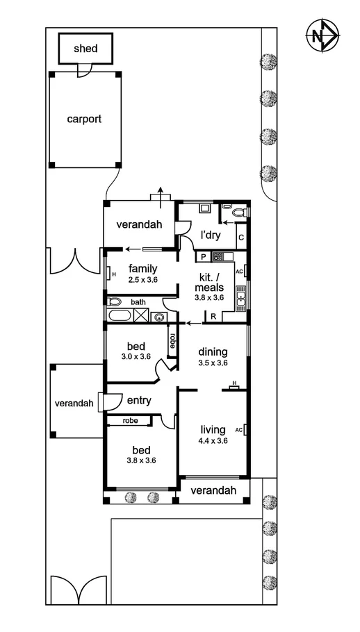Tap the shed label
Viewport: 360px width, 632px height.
coord(86,49)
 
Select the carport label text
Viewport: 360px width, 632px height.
coord(84,119)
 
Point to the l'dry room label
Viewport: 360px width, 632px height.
coord(211,236)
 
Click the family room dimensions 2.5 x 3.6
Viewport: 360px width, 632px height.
coord(144,280)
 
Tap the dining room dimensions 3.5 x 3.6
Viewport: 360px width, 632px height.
coord(213,363)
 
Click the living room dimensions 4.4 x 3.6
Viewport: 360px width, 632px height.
coord(213,440)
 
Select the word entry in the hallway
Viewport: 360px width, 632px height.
coord(139,401)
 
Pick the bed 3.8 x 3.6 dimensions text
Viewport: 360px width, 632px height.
coord(140,460)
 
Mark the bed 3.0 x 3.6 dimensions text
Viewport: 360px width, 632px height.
coord(136,357)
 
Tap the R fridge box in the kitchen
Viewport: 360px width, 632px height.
coord(213,317)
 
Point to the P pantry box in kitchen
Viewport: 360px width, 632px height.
coord(204,257)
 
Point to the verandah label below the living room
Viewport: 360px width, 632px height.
coord(213,491)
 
